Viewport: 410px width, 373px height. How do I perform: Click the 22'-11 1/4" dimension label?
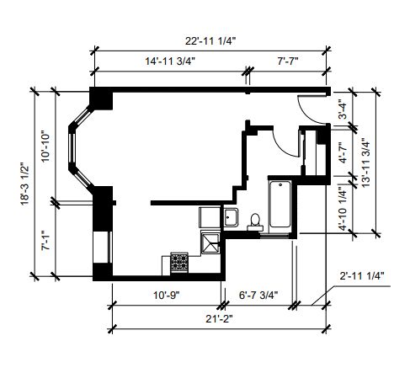(210, 41)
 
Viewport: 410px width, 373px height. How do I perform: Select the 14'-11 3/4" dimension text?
(170, 61)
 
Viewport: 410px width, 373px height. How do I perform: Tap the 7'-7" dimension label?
(288, 61)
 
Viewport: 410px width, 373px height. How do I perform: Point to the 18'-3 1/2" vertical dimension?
(24, 184)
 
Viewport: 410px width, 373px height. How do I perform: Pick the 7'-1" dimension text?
(45, 241)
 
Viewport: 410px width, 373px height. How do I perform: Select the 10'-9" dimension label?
(167, 296)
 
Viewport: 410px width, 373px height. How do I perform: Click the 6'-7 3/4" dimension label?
(258, 296)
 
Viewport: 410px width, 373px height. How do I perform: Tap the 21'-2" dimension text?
(219, 319)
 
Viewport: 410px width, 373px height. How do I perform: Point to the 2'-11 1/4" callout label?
(362, 276)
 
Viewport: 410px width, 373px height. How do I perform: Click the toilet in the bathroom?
(255, 222)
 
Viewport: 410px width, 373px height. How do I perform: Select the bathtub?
(280, 204)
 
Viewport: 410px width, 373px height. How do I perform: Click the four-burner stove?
(179, 262)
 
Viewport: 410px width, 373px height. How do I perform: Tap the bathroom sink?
(231, 217)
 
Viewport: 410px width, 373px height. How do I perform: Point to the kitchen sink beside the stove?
(210, 242)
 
